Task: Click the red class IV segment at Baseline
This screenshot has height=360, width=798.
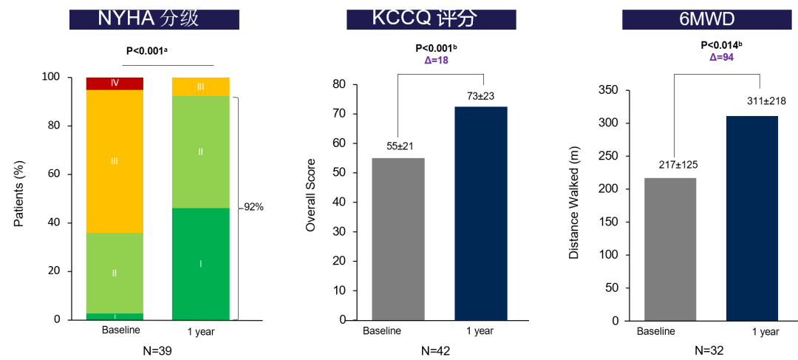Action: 115,83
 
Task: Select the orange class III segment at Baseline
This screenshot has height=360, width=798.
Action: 115,160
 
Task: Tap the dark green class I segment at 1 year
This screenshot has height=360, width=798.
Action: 200,263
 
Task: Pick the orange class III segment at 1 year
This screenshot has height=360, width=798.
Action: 200,86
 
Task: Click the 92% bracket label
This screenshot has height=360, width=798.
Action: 253,207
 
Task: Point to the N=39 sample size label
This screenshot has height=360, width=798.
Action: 157,350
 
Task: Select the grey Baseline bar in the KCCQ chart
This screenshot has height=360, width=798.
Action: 398,239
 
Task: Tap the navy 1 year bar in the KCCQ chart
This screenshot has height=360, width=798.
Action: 480,213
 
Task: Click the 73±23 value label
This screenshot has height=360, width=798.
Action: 480,96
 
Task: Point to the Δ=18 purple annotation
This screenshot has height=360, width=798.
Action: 436,61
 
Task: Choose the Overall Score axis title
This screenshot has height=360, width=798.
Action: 311,195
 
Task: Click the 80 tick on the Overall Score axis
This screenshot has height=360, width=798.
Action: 340,84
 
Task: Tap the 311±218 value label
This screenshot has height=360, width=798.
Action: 752,101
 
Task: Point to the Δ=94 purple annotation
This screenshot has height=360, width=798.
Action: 720,57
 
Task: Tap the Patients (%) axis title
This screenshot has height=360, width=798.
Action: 20,195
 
